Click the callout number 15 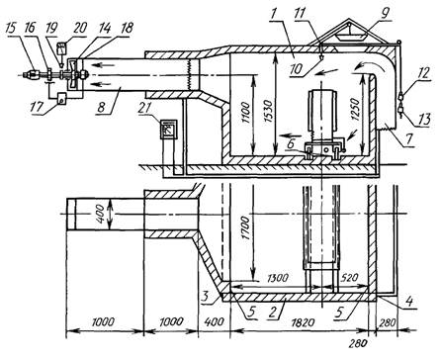tap(11, 28)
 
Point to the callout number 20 tap(80, 28)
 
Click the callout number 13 tap(425, 120)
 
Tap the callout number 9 tap(386, 12)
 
